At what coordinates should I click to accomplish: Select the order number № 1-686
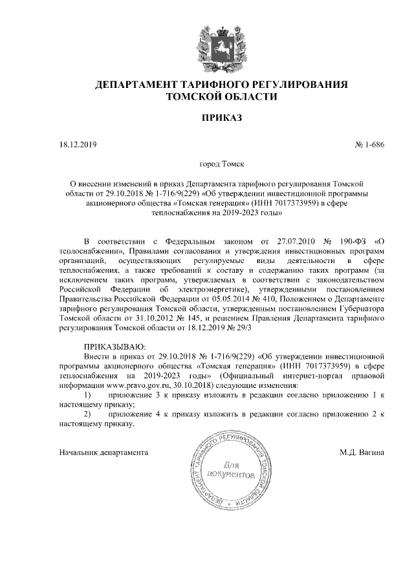[369, 144]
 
